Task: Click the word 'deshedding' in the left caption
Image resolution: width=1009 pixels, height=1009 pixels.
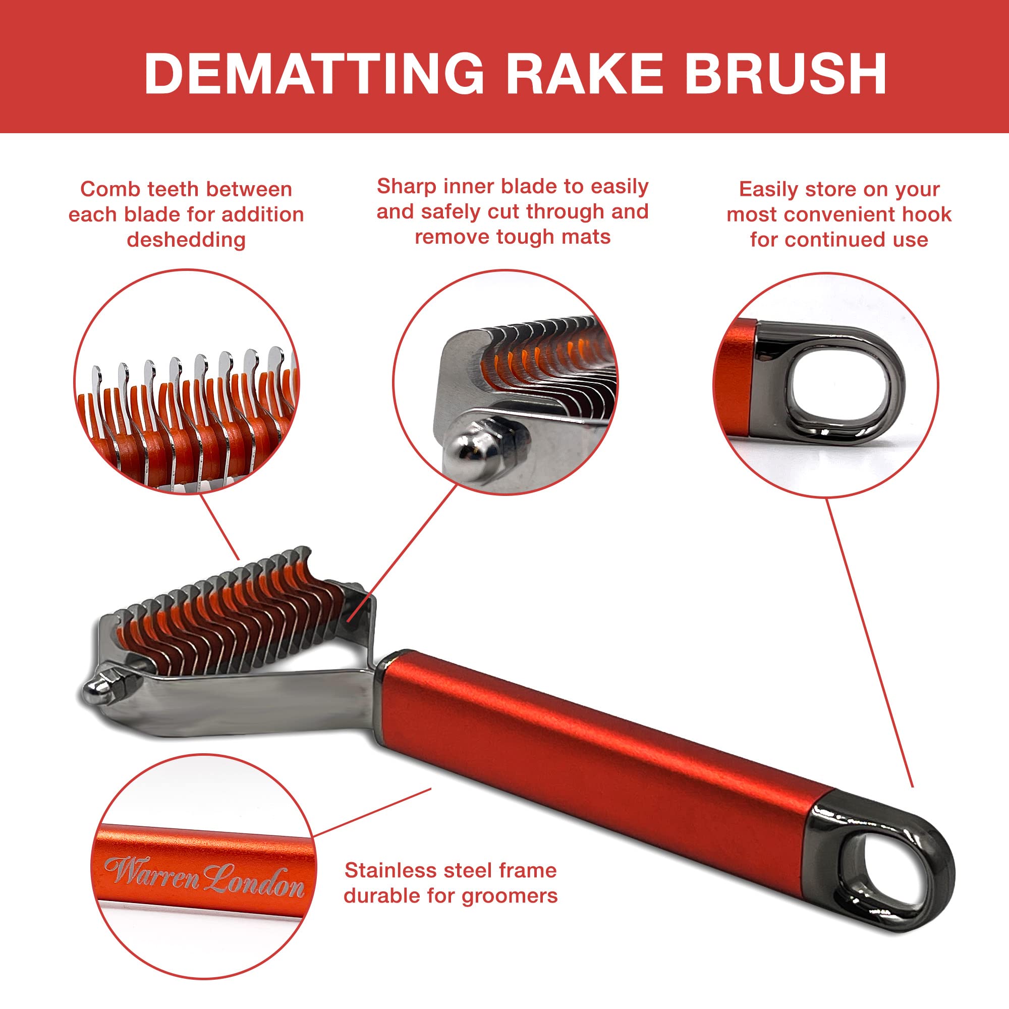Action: coord(187,240)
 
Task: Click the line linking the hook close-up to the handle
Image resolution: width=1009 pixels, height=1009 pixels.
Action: coord(870,642)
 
